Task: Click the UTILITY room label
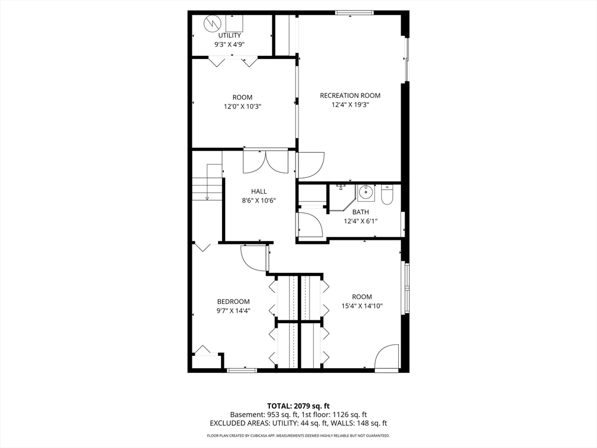[229, 36]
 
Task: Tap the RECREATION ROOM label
[350, 96]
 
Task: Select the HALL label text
[259, 191]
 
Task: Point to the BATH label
[360, 212]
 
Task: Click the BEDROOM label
[233, 302]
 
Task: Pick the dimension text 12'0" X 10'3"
[243, 107]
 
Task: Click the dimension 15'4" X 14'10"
[361, 306]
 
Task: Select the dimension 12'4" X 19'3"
[350, 105]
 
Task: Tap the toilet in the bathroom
[387, 195]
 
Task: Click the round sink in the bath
[366, 192]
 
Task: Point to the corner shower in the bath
[342, 197]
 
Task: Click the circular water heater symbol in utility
[212, 23]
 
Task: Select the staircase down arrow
[207, 183]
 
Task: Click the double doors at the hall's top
[266, 163]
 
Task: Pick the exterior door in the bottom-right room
[386, 358]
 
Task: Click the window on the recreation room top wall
[354, 13]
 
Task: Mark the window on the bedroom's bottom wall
[241, 370]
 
